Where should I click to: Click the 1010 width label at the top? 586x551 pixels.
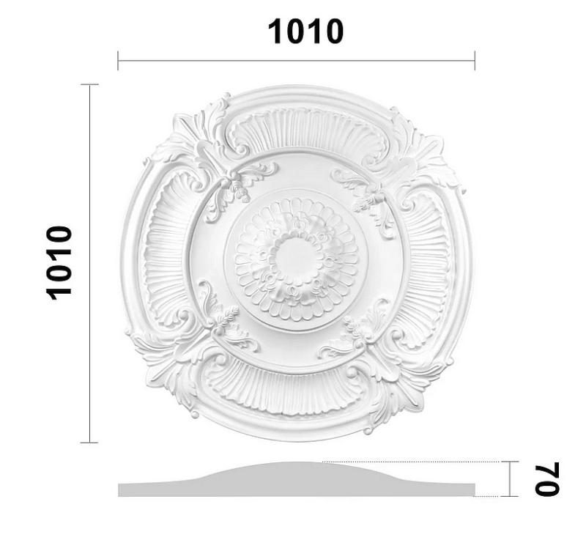coord(305,32)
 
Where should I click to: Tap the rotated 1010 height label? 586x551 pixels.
coord(60,262)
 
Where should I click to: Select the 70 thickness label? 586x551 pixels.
coord(546,479)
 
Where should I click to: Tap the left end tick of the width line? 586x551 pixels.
coord(118,61)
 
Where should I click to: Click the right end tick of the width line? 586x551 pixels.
coord(475,61)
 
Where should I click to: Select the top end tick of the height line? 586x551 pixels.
coord(89,85)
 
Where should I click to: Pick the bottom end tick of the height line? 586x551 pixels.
coord(89,443)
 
